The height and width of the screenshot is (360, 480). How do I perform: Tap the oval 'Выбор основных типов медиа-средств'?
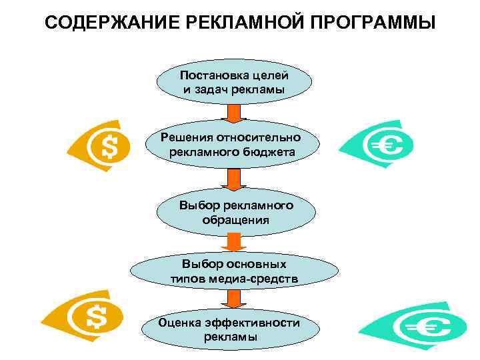(x=234, y=271)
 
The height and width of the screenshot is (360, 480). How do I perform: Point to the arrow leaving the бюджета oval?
(x=234, y=178)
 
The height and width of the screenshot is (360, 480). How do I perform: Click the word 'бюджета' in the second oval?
(x=270, y=153)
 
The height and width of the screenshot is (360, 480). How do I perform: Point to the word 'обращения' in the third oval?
(x=235, y=219)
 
